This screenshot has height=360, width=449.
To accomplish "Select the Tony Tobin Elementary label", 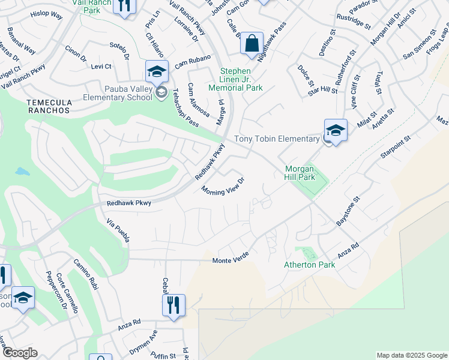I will pos(276,139).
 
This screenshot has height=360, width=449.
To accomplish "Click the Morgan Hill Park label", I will pos(299,173).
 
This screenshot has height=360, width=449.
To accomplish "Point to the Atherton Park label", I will pos(309,265).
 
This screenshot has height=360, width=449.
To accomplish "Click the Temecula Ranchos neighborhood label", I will pos(49,107).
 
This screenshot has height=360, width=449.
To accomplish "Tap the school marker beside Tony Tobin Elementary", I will pos(336,130).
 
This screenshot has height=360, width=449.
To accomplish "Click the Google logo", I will pos(20,353).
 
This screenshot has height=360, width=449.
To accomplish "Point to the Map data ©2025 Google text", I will pos(411,355).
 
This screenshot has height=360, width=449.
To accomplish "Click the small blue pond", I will pos(22,172).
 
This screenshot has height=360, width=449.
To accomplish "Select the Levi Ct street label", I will pos(101,66).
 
